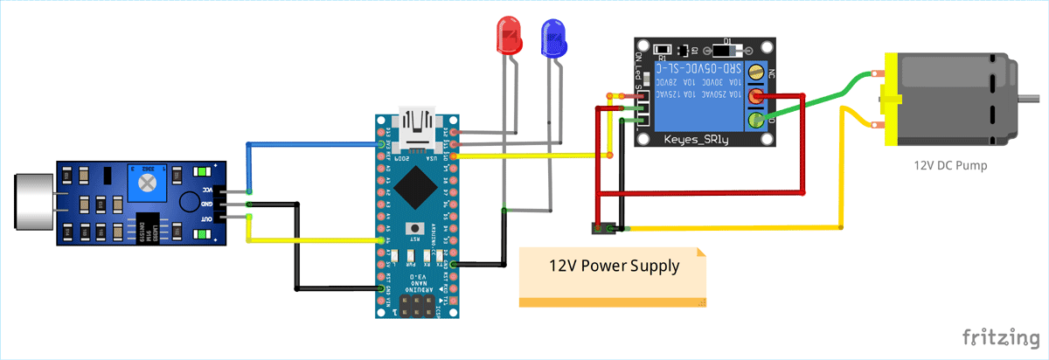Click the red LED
coord(508,37)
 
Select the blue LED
coord(552,38)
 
